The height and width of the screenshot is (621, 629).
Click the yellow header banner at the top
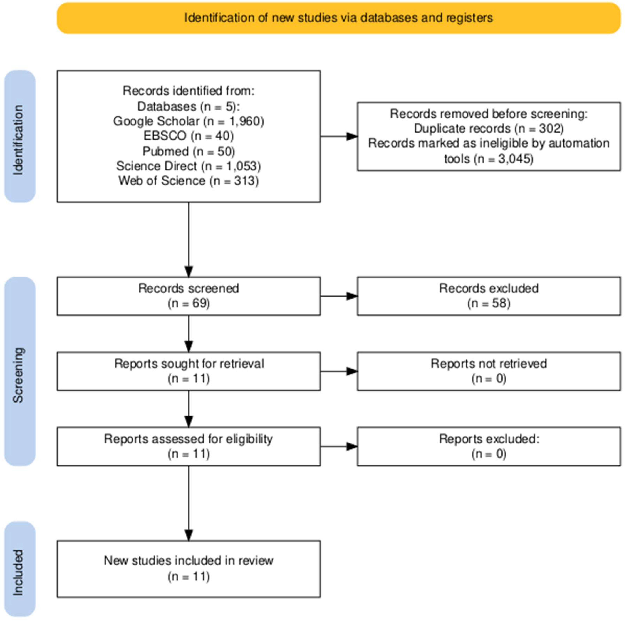point(339,18)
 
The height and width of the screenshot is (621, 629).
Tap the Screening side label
point(20,371)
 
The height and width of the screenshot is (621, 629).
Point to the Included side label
point(20,568)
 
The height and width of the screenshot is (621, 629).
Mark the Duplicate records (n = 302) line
point(488,129)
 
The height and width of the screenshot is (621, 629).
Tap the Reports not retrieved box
point(488,371)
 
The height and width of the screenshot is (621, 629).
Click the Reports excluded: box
point(488,446)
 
